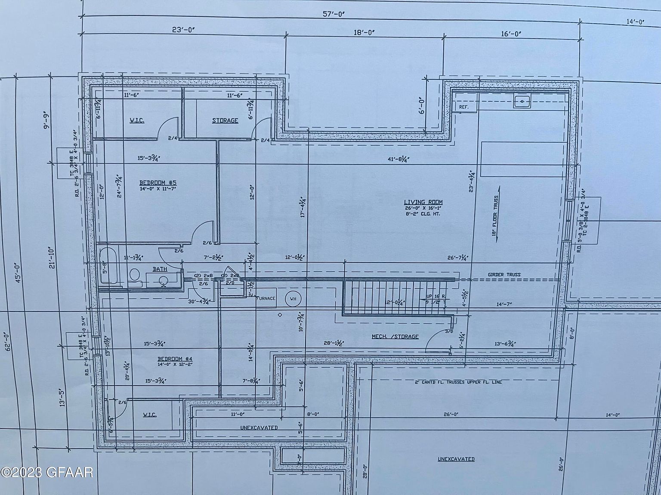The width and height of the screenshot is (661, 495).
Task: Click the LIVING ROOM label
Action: [x=423, y=202]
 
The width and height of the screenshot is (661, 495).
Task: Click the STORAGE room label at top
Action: [x=225, y=121]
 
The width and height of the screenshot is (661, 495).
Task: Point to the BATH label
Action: [x=160, y=269]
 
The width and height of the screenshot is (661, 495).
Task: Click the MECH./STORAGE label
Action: [x=395, y=336]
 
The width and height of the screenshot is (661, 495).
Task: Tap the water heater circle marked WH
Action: [x=293, y=299]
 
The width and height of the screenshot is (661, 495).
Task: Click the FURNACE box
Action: [x=266, y=299]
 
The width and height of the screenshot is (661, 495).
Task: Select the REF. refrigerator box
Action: [x=463, y=107]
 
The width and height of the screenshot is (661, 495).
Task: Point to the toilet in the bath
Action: [x=134, y=276]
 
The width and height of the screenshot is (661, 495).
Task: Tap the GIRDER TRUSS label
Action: [x=504, y=275]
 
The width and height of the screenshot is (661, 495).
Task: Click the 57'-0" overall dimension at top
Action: [x=334, y=14]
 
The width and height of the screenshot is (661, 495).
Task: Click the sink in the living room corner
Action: [x=522, y=101]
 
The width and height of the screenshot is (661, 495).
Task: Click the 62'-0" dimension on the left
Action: [x=7, y=342]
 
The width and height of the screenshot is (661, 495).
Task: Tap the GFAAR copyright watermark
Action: [x=46, y=473]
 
